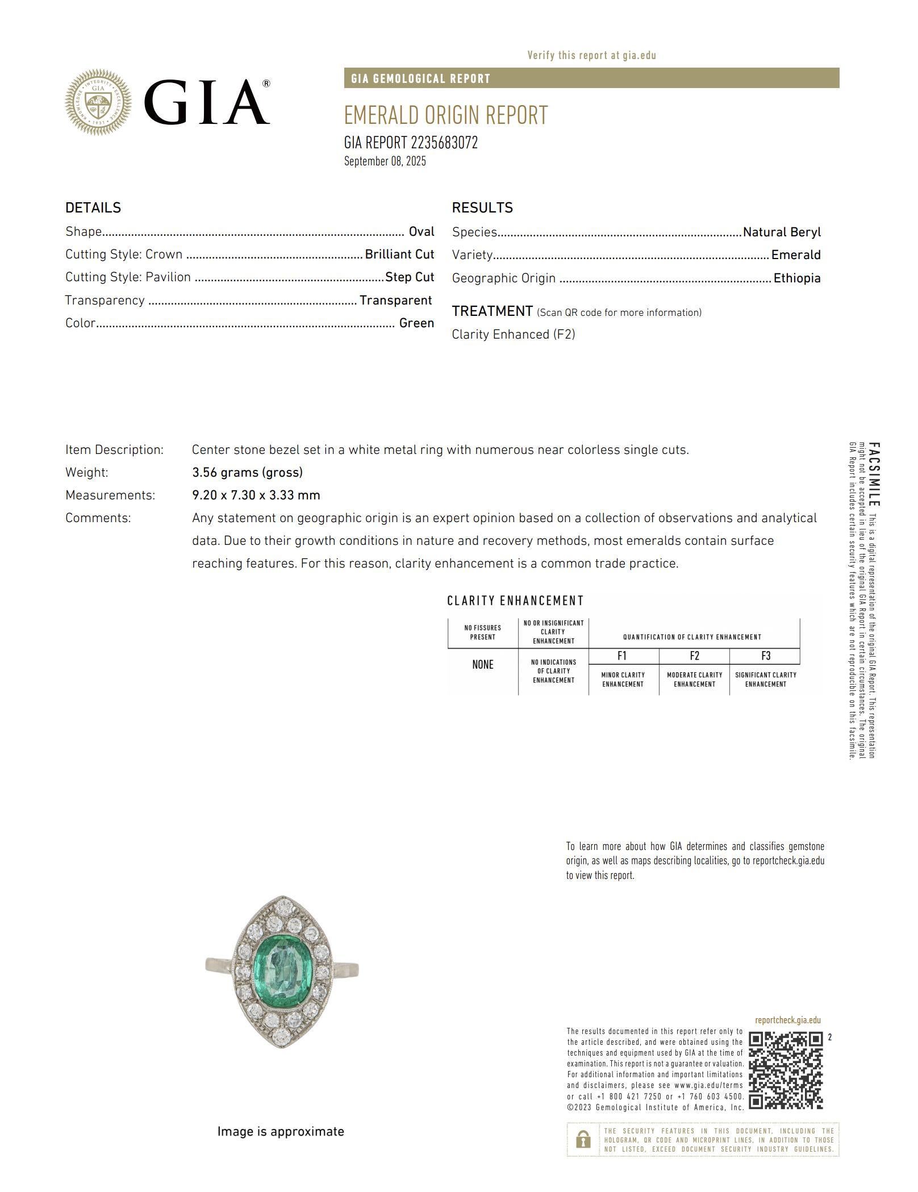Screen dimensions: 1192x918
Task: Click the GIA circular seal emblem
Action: click(x=98, y=102)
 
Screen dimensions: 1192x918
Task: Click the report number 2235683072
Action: click(x=444, y=143)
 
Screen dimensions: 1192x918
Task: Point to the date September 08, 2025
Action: click(x=385, y=161)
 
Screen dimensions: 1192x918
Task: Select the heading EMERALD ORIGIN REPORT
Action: click(x=445, y=115)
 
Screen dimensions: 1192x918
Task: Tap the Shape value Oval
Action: click(x=422, y=232)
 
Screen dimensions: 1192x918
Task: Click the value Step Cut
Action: click(x=410, y=277)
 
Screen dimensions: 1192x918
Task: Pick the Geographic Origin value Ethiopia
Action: click(x=797, y=278)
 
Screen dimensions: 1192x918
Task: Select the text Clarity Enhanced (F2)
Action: click(x=514, y=335)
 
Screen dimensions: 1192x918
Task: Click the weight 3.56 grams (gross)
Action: click(x=247, y=473)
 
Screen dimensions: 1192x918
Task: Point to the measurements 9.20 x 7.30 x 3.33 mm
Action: click(x=256, y=495)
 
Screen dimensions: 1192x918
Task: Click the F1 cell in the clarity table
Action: click(x=623, y=656)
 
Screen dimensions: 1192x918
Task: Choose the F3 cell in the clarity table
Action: click(x=766, y=656)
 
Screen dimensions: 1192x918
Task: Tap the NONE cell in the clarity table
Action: click(x=483, y=665)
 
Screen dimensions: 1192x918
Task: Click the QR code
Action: click(x=786, y=1070)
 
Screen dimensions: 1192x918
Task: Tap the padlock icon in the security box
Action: click(x=583, y=1139)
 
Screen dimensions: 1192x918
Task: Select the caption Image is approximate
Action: click(x=281, y=1132)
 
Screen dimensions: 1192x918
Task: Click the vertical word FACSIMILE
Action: click(x=874, y=475)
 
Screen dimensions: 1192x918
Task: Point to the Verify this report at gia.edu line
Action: click(x=591, y=56)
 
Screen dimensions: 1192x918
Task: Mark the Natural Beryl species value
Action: click(x=782, y=232)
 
